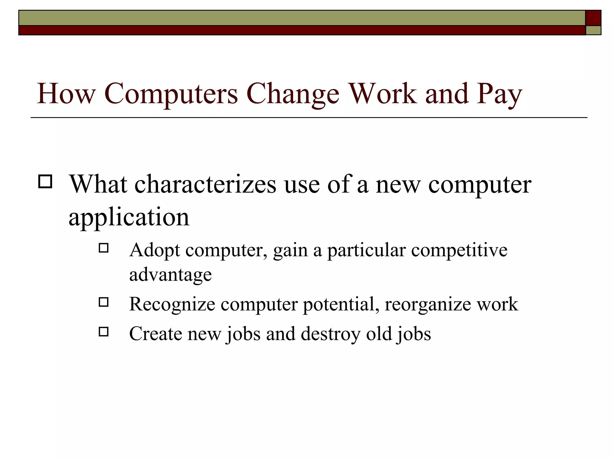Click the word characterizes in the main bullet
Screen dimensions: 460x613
click(205, 184)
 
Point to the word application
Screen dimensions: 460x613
click(129, 217)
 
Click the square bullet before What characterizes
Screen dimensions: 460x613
click(45, 181)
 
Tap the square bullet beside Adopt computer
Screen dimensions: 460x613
click(104, 248)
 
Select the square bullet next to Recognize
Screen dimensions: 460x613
click(104, 302)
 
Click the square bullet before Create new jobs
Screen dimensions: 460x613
click(104, 332)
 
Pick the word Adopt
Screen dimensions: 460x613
click(154, 250)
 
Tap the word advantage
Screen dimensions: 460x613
click(170, 275)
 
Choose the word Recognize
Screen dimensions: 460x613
click(172, 305)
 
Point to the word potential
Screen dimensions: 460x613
click(341, 305)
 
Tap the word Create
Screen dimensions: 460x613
click(155, 334)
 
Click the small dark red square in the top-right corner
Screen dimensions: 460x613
click(593, 18)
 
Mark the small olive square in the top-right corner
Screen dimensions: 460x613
click(593, 30)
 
